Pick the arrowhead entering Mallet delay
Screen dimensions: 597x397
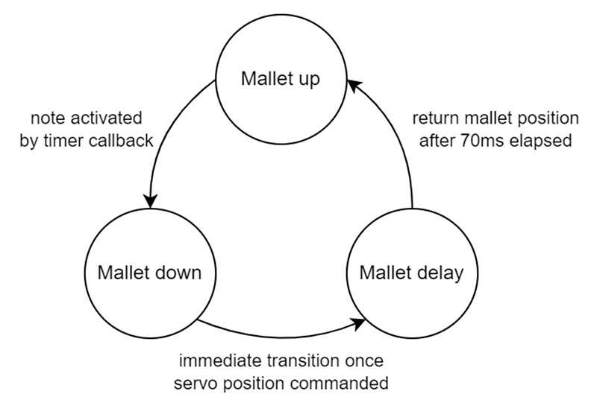click(x=358, y=324)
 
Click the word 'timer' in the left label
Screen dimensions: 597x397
click(x=64, y=141)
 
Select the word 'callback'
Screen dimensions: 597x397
click(x=121, y=141)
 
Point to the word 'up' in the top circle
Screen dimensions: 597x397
click(x=308, y=80)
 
